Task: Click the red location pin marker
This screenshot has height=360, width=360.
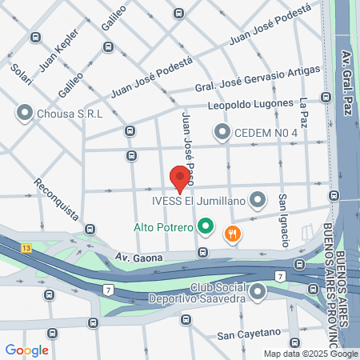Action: (x=180, y=178)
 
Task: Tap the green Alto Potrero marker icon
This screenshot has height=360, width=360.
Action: (x=205, y=227)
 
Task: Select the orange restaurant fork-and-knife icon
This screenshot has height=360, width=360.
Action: (x=233, y=234)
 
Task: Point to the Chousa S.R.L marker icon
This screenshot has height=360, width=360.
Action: (x=24, y=114)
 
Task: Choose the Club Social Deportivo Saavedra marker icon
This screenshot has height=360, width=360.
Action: (x=258, y=294)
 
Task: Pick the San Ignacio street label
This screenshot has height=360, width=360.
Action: (x=283, y=219)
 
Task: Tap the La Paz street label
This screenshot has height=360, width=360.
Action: (x=303, y=113)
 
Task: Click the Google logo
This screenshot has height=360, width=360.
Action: (x=27, y=350)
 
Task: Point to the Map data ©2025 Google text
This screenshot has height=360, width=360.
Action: (x=311, y=354)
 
